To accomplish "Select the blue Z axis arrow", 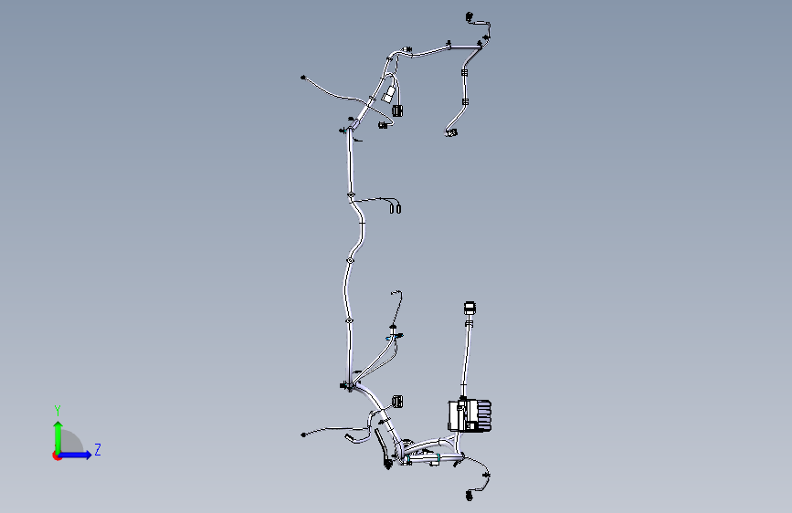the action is point(76,455).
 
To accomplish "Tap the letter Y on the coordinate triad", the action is point(58,411).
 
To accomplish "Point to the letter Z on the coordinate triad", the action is point(98,449).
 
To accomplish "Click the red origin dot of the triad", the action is point(57,455).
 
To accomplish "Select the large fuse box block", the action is point(470,416).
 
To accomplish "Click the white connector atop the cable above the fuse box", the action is point(470,308).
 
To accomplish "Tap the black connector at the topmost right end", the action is point(470,17).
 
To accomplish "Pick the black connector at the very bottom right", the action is point(470,497).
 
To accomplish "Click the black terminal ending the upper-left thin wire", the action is point(303,78).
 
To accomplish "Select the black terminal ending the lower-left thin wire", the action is point(303,434).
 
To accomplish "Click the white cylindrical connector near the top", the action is point(388,95).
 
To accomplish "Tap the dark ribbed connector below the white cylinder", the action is point(397,110).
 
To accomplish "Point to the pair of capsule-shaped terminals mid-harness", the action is point(395,208).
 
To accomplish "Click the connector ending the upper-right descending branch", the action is point(451,132).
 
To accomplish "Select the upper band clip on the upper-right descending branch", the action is point(464,73).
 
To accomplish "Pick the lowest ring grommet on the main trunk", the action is point(349,320).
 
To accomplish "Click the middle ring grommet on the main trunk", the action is point(350,260).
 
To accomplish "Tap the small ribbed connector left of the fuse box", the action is point(397,402).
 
